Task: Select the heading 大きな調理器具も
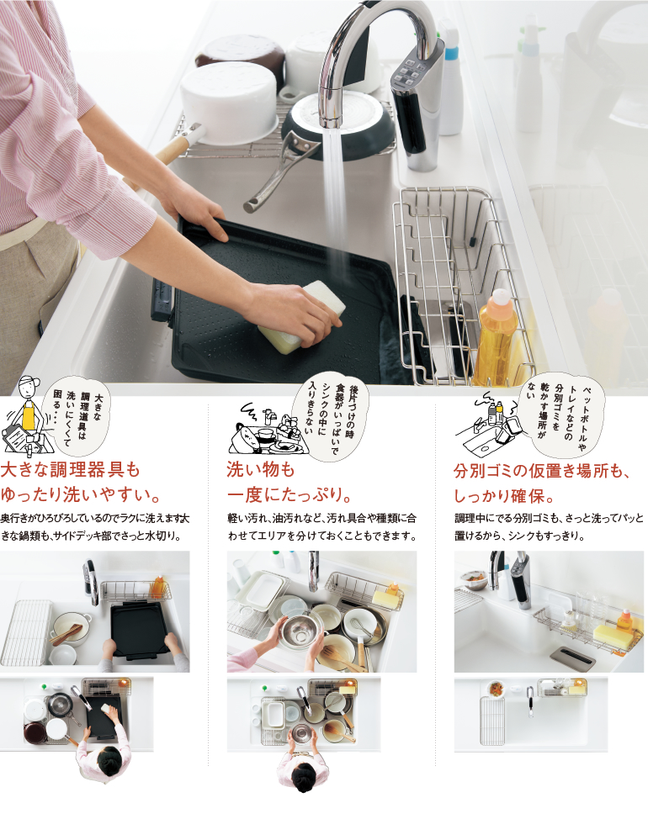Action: coord(71,469)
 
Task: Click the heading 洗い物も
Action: coord(261,469)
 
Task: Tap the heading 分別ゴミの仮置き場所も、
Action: coord(542,470)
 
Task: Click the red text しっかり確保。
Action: coord(504,495)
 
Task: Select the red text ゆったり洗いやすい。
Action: coord(81,494)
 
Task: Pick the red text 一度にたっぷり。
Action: coord(289,494)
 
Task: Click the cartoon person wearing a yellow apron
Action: coord(26,415)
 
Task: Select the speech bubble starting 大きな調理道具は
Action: coord(81,415)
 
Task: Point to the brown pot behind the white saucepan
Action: coord(239,52)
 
